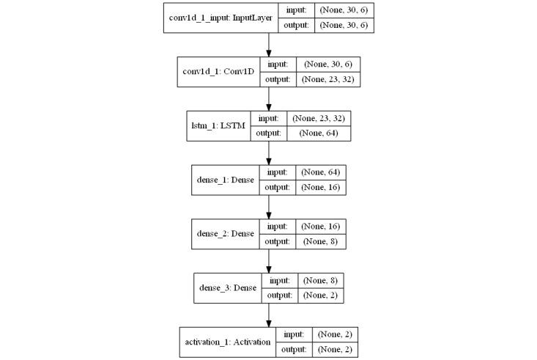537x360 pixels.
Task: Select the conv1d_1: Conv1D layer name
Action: tap(218, 72)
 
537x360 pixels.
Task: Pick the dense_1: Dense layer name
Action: tap(223, 180)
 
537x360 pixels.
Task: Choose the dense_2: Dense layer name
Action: tap(223, 233)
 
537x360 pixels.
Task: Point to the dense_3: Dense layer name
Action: tap(228, 287)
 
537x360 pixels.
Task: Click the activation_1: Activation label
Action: tap(226, 341)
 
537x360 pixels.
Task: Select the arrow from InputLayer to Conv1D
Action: tap(269, 45)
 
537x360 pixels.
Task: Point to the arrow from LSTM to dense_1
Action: tap(269, 153)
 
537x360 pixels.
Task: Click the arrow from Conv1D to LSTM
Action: tap(269, 99)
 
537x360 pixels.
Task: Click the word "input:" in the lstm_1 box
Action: tap(269, 118)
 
